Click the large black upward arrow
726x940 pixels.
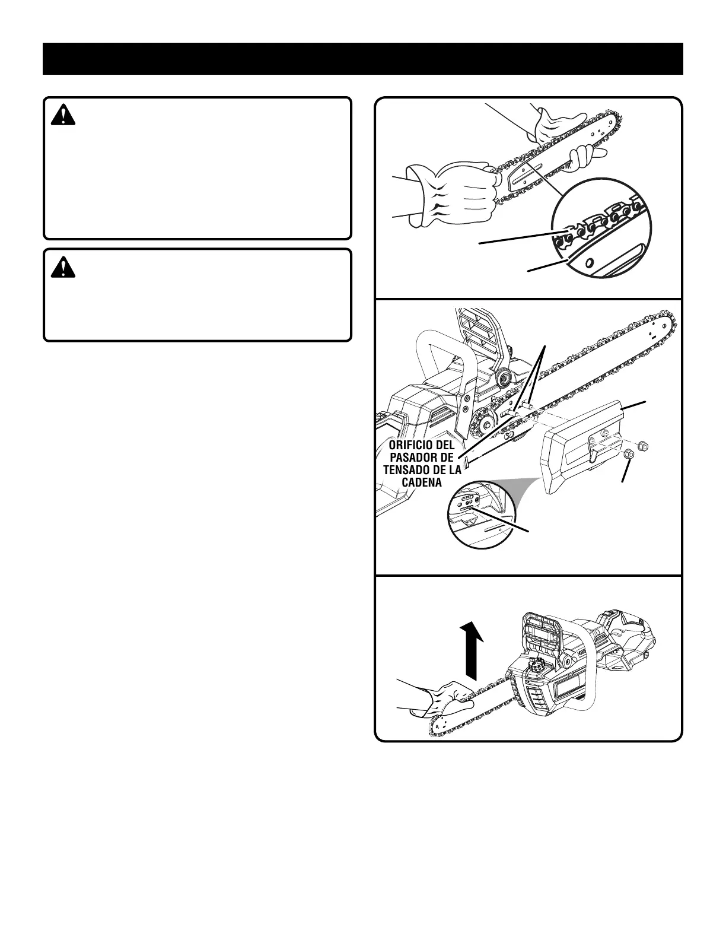pyautogui.click(x=472, y=650)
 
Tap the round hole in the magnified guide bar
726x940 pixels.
pyautogui.click(x=590, y=263)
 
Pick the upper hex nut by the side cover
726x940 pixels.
pyautogui.click(x=646, y=445)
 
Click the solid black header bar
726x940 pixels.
pyautogui.click(x=362, y=59)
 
